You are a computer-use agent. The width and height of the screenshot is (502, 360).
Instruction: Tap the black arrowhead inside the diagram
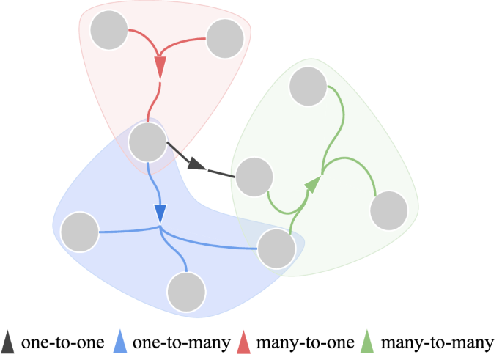196,164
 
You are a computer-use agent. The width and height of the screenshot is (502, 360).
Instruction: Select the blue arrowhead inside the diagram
161,213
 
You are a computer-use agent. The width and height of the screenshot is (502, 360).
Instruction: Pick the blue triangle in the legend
121,342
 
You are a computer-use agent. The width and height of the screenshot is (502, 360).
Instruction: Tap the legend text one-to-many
180,342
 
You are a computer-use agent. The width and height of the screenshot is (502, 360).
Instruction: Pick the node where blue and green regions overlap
277,248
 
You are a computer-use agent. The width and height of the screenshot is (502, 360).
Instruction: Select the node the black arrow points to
255,177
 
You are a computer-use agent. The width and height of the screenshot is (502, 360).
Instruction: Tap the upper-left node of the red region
108,31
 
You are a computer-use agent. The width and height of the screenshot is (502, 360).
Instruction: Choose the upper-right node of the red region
224,38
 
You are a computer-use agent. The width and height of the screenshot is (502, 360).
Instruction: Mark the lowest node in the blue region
186,291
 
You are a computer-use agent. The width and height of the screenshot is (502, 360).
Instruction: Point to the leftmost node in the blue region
80,231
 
